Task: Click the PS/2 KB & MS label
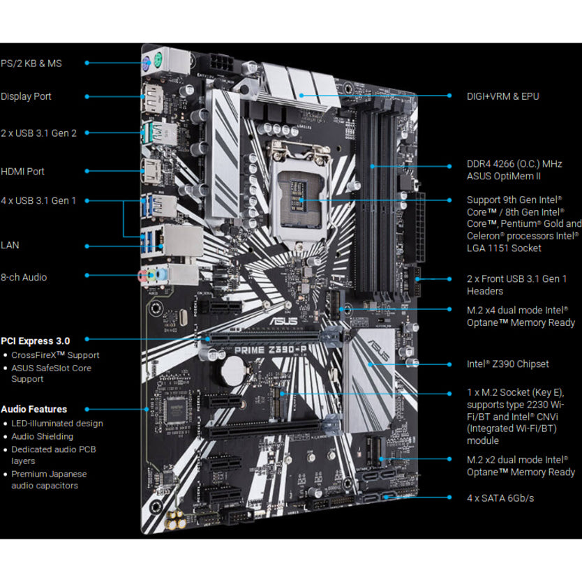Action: (31, 63)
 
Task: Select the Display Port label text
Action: (27, 96)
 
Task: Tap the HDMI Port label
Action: (23, 171)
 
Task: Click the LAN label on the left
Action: (10, 246)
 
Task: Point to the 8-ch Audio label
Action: (24, 277)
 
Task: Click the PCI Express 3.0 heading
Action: (36, 341)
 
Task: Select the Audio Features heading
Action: (34, 409)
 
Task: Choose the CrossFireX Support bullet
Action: (55, 355)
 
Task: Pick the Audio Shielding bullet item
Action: (42, 436)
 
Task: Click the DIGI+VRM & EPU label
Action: (502, 96)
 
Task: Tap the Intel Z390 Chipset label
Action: (507, 364)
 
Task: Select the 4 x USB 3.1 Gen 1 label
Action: (39, 200)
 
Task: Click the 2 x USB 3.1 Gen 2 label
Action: (39, 133)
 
